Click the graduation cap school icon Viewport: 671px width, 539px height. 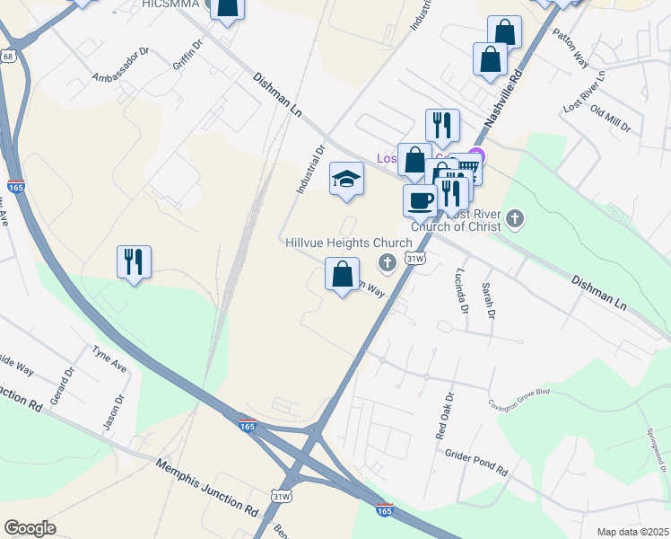point(346,180)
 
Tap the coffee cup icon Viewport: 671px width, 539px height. point(420,201)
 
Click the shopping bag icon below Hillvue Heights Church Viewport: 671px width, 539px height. point(342,275)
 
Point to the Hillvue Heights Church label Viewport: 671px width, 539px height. point(349,243)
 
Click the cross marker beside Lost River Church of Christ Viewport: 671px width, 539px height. point(515,218)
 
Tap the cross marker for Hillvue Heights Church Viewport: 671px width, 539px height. point(388,262)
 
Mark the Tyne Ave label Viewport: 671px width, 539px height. point(110,358)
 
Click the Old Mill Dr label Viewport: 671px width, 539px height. point(610,118)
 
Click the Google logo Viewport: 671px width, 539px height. point(30,528)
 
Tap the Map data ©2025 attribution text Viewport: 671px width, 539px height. point(633,532)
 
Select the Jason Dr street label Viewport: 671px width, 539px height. point(112,412)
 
